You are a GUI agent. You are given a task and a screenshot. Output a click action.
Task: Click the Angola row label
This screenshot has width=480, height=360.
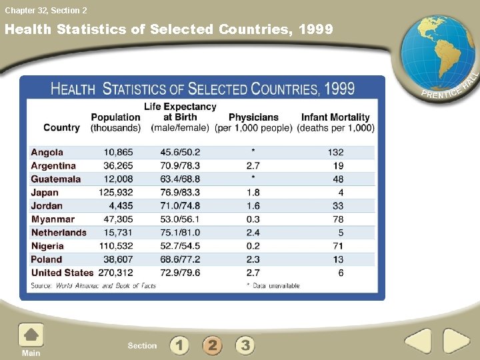tap(47, 153)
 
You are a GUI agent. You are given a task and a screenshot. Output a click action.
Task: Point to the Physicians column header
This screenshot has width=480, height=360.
tap(253, 122)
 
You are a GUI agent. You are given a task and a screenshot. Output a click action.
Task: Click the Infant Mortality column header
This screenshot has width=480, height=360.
tap(335, 122)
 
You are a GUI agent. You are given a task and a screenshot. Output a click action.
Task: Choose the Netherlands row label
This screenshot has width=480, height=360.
tap(59, 233)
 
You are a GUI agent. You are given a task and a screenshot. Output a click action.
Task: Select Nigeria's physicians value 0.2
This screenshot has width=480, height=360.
tap(253, 246)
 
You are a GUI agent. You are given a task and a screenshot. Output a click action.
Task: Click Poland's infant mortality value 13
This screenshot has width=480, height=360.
tap(338, 259)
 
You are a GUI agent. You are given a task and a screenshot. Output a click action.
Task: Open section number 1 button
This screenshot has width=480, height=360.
tap(179, 345)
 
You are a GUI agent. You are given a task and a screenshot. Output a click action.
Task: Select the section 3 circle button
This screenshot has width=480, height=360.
tap(245, 345)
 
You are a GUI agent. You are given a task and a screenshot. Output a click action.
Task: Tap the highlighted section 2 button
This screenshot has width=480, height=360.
tap(212, 345)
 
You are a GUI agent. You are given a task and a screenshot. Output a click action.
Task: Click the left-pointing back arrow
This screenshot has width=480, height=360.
tap(418, 342)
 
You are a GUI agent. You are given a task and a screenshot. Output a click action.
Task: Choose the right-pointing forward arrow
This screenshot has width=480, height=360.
tap(457, 342)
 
